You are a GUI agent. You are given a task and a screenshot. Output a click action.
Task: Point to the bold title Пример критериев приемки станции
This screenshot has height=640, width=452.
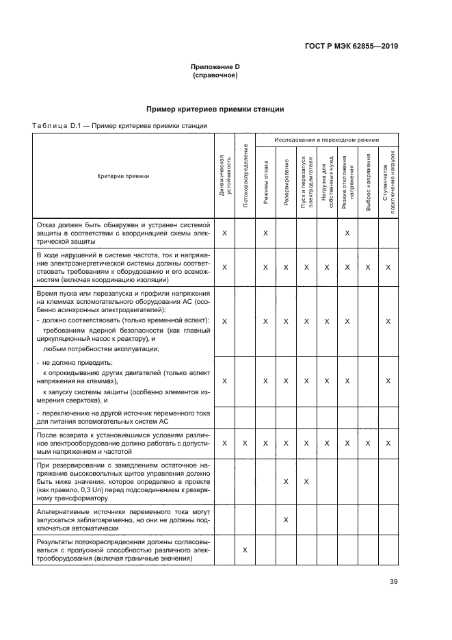[215, 110]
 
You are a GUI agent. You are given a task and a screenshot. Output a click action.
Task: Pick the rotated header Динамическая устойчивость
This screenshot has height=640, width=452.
[224, 176]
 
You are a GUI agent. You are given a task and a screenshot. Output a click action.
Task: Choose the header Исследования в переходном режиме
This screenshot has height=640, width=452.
[326, 140]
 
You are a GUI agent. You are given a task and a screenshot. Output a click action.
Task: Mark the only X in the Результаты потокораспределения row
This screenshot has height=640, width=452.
[245, 550]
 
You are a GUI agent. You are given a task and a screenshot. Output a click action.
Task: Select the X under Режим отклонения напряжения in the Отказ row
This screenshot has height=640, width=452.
[347, 233]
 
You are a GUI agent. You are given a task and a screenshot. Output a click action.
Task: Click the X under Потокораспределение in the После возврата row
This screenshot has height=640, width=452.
[245, 444]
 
